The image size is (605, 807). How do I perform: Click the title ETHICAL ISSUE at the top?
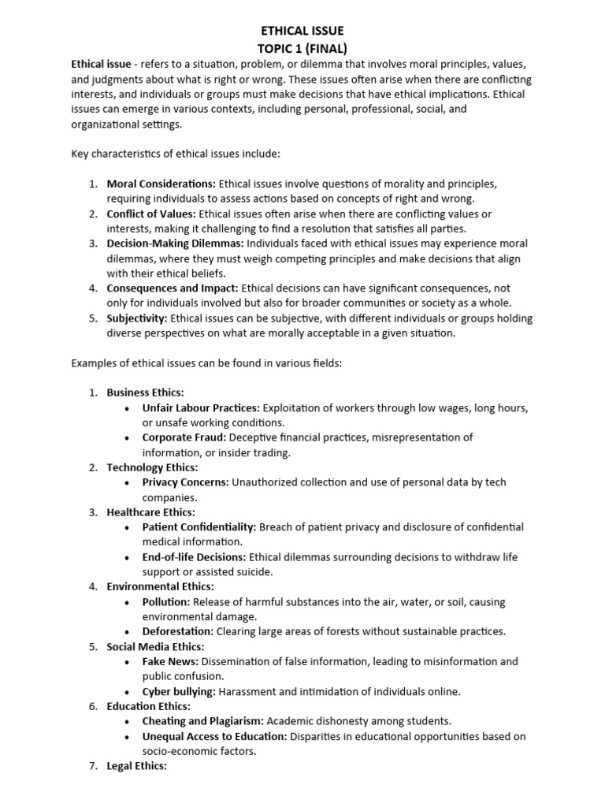(302, 31)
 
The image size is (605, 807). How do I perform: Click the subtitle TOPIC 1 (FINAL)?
(302, 47)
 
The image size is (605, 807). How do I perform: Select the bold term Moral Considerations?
(161, 184)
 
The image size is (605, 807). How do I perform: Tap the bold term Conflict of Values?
(151, 214)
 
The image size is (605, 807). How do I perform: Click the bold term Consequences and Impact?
(172, 288)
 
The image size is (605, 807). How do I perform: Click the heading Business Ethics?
(146, 392)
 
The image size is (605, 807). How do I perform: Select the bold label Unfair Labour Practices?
(201, 407)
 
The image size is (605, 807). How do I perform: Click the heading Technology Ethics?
(151, 467)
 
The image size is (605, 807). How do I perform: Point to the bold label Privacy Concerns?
(186, 482)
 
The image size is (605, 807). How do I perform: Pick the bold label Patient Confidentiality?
(199, 527)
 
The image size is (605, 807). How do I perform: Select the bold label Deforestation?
(177, 631)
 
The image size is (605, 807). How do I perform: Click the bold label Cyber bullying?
(179, 692)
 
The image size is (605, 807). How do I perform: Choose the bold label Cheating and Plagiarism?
(203, 721)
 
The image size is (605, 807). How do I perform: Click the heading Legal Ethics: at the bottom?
(136, 765)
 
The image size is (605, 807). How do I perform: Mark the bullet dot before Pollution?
(128, 602)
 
